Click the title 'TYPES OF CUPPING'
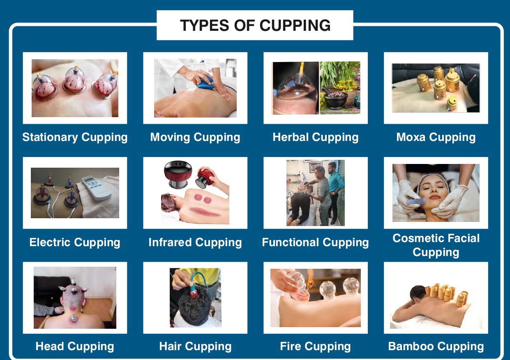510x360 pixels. point(255,25)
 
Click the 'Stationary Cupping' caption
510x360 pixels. point(75,137)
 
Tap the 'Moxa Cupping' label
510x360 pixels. point(436,137)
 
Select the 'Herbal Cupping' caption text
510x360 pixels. point(316,137)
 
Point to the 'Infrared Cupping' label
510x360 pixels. point(195,242)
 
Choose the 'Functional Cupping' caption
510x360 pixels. point(315,242)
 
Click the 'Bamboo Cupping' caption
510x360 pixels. point(436,346)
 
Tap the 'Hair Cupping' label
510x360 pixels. point(195,346)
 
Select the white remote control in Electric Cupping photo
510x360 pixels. point(97,187)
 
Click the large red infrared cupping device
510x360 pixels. point(178,174)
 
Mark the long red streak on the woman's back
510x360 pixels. point(205,212)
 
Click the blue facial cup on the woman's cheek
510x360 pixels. point(416,201)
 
